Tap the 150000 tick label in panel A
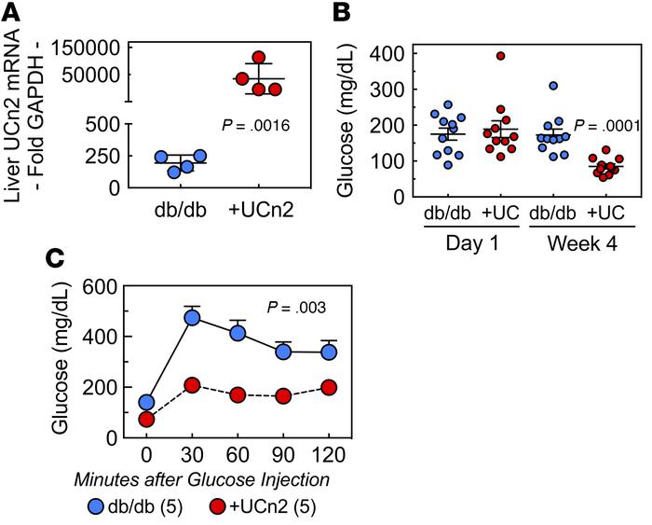84,48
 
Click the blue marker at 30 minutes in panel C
194,318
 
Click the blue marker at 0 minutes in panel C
146,403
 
